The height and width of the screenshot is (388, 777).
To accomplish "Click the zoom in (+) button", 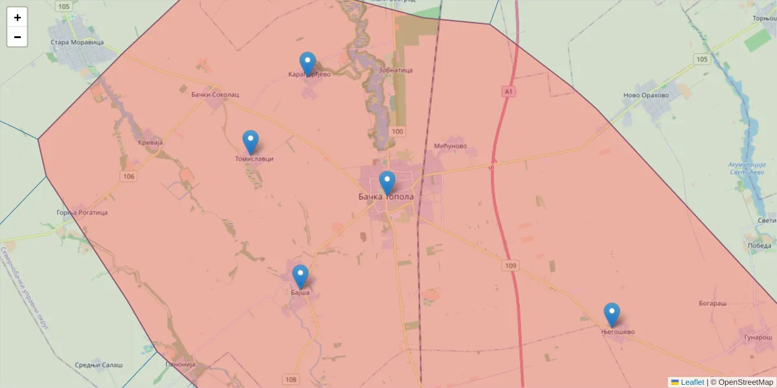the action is (x=17, y=17).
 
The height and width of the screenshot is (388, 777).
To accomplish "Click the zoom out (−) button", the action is (x=17, y=37).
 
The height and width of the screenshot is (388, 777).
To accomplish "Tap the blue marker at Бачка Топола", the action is (x=387, y=183).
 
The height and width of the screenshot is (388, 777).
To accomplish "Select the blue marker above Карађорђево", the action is (x=308, y=63).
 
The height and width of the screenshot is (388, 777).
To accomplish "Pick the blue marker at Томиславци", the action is (x=251, y=142).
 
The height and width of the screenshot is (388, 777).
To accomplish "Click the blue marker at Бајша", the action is (x=300, y=276).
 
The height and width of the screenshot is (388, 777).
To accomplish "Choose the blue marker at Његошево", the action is (x=611, y=314).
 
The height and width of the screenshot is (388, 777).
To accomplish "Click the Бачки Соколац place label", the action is (x=215, y=94).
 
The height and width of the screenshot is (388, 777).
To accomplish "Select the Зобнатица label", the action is (x=395, y=70).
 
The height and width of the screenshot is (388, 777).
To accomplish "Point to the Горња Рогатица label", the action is (x=82, y=212).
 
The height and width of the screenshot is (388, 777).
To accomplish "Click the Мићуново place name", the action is (x=451, y=145).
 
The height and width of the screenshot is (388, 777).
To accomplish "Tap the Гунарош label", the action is (x=758, y=338).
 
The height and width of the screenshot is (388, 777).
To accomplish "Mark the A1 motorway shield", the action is (x=509, y=92).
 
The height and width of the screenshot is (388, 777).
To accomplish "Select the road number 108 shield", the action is (x=290, y=380).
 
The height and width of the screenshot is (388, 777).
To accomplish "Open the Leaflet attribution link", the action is (x=692, y=382).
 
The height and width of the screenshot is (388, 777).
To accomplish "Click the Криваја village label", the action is (x=150, y=142).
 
